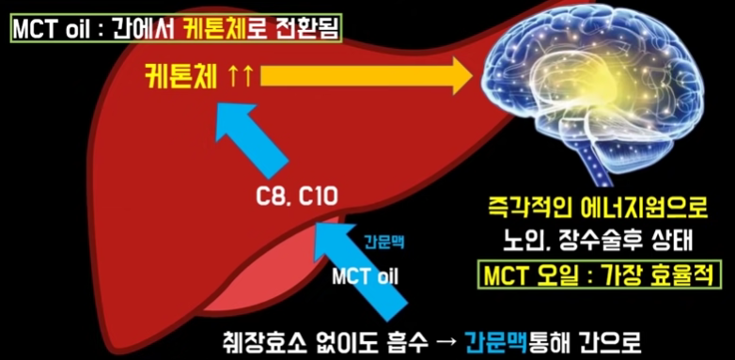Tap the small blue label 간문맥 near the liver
point(383,242)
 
